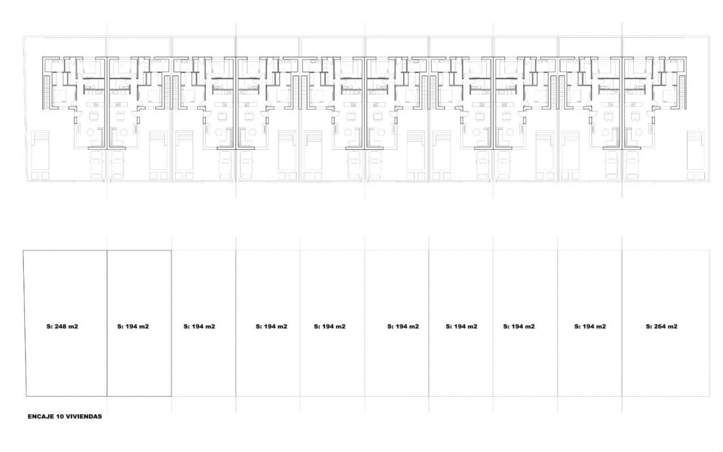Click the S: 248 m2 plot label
[62, 327]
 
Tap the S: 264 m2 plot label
[661, 327]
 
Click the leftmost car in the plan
[97, 165]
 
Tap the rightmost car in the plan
[633, 165]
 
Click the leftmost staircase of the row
[47, 92]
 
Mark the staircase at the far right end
[682, 92]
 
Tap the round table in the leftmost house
[90, 132]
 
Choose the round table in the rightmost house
[638, 132]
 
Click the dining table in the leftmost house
[94, 116]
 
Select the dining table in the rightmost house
[635, 116]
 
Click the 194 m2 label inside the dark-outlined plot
[133, 327]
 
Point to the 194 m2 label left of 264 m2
[590, 327]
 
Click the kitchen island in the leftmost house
[95, 105]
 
